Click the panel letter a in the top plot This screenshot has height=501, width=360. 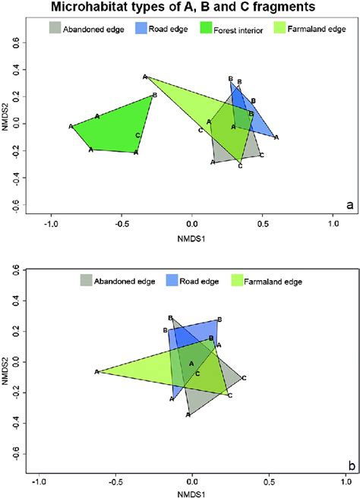pos(349,205)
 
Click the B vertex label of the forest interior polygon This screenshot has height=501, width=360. pos(154,95)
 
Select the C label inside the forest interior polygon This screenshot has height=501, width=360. pos(137,135)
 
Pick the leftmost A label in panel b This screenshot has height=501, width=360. pos(96,372)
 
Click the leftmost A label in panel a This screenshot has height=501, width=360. pos(71,126)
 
